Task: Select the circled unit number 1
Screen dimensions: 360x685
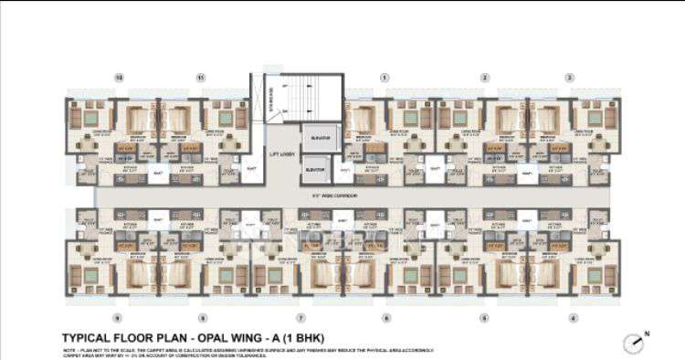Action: pos(385,78)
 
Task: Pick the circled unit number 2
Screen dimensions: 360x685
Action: pos(485,78)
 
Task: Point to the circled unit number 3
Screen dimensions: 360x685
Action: pos(569,78)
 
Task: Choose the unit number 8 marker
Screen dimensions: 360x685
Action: pos(203,317)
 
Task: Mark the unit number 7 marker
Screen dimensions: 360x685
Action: pos(300,317)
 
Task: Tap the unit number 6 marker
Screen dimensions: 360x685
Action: pos(385,317)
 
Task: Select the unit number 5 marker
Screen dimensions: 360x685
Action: pos(483,317)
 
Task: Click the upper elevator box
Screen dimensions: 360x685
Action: pos(320,137)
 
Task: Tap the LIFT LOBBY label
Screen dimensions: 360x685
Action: pos(281,154)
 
